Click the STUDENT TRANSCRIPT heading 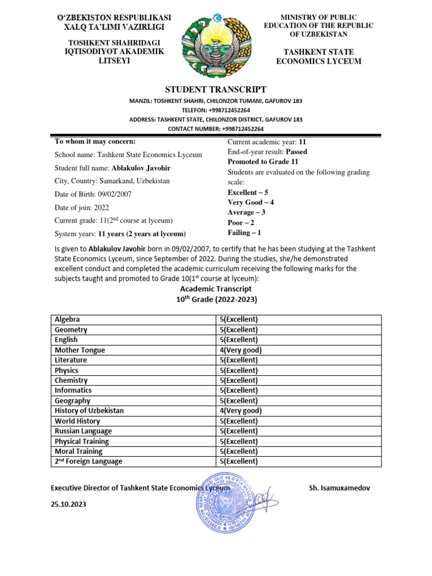[x=215, y=89]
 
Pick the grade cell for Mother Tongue [x=241, y=350]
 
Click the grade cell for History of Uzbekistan [x=241, y=411]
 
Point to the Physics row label [x=66, y=370]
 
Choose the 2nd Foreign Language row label [x=88, y=461]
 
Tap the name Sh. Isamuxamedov [x=340, y=488]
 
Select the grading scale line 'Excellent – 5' [x=248, y=192]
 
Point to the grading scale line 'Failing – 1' [x=245, y=232]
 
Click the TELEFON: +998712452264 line [x=216, y=110]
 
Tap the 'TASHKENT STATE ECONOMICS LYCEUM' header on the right [x=318, y=57]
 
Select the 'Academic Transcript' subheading [x=216, y=289]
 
